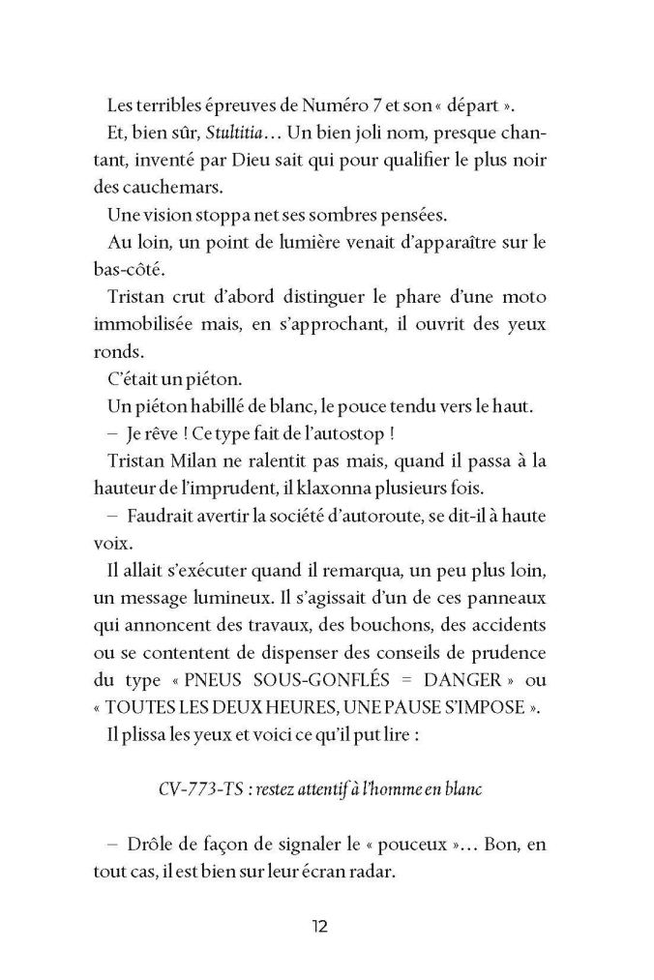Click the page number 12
coord(320,927)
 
